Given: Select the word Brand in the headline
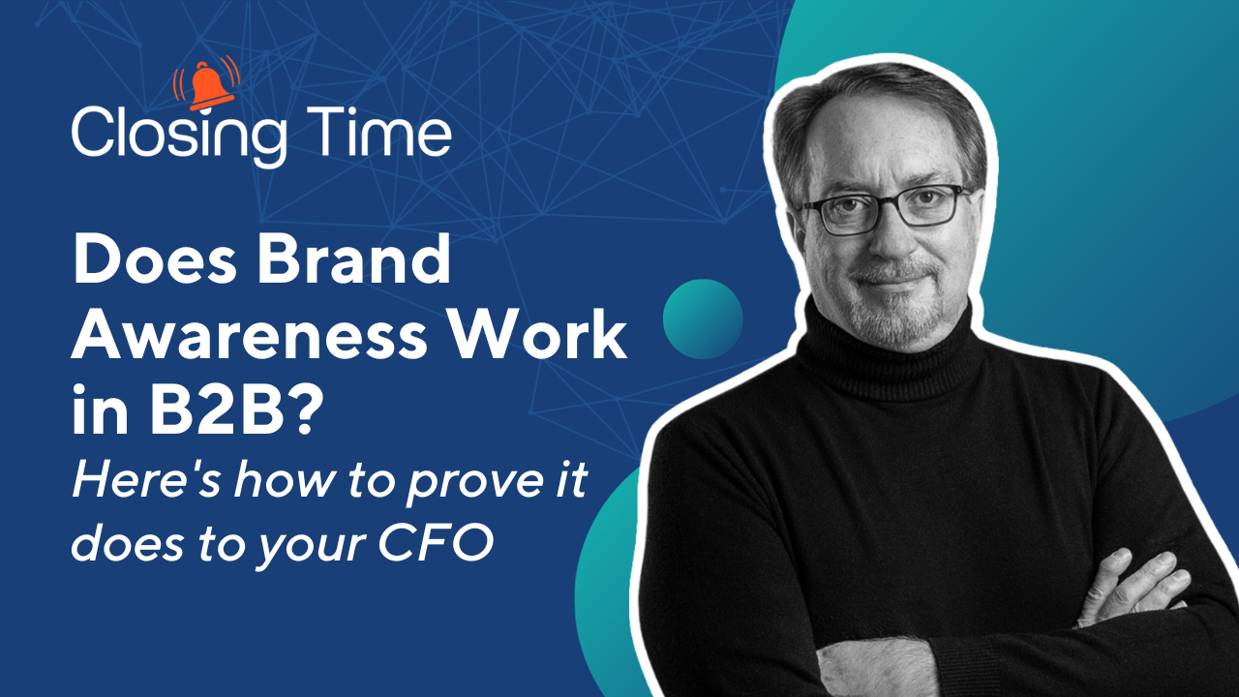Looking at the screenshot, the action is point(354,258).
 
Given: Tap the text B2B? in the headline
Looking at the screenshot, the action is point(237,409).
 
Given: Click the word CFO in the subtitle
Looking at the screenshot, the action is point(436,544).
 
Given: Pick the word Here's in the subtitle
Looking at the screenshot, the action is point(146,479).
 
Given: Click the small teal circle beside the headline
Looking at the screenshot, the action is point(703,319).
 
